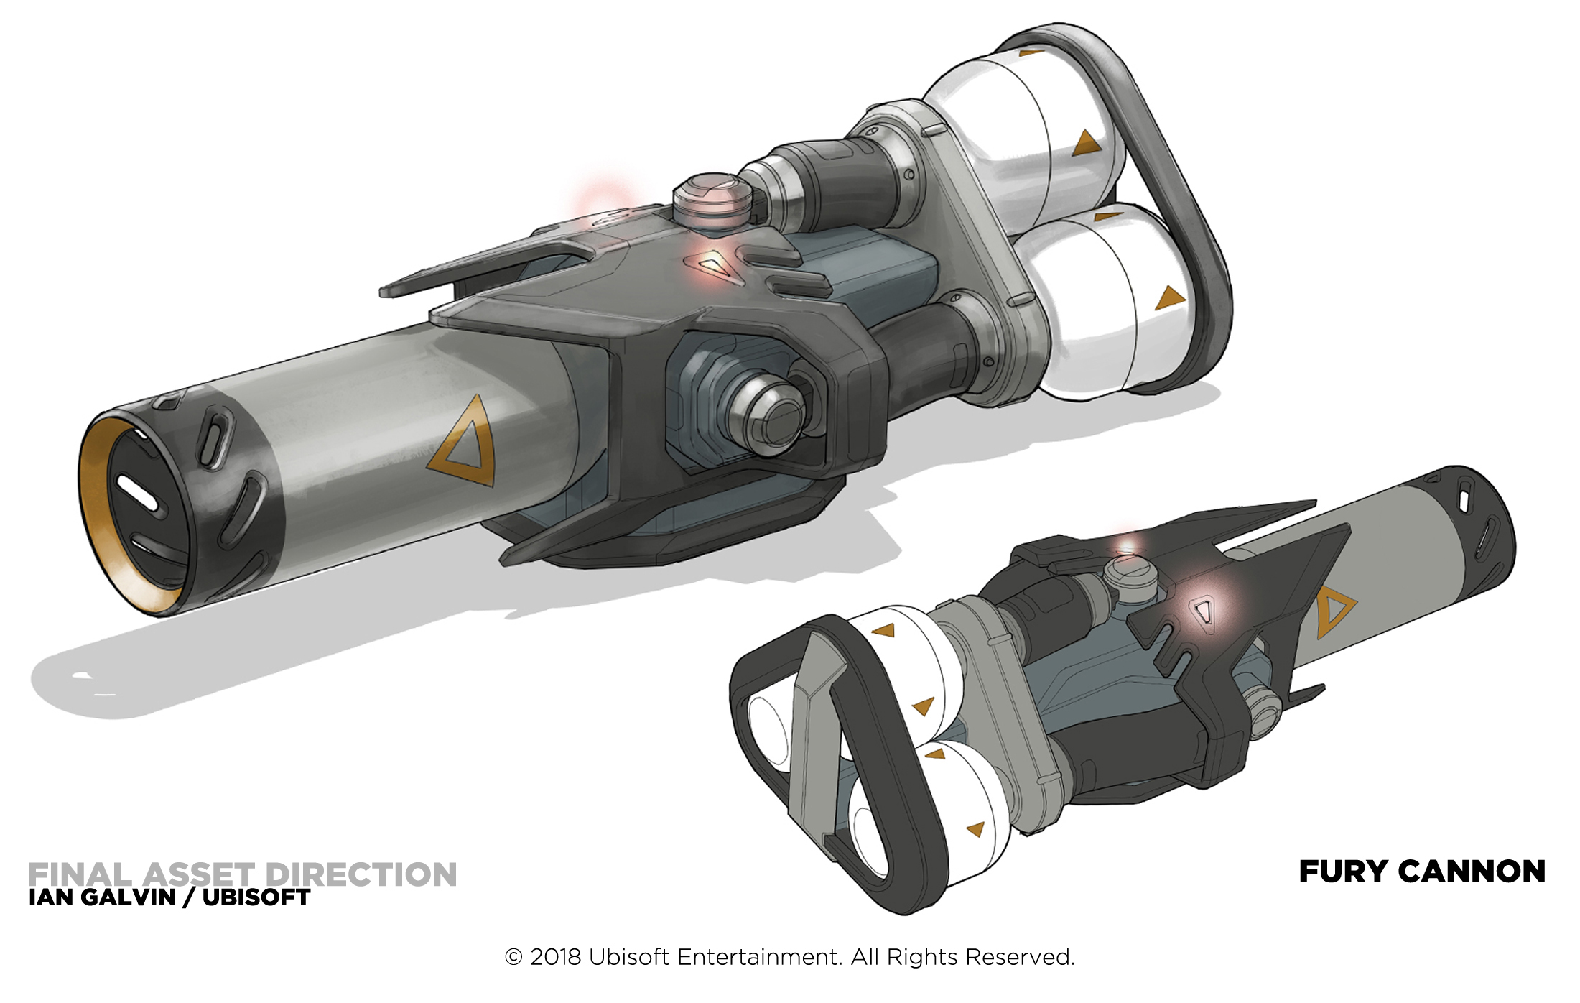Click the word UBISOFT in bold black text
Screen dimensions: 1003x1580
(256, 897)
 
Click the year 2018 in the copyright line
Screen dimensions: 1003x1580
(555, 957)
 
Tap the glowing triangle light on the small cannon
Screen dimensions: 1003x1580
(1204, 611)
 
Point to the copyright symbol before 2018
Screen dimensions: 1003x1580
(513, 957)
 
